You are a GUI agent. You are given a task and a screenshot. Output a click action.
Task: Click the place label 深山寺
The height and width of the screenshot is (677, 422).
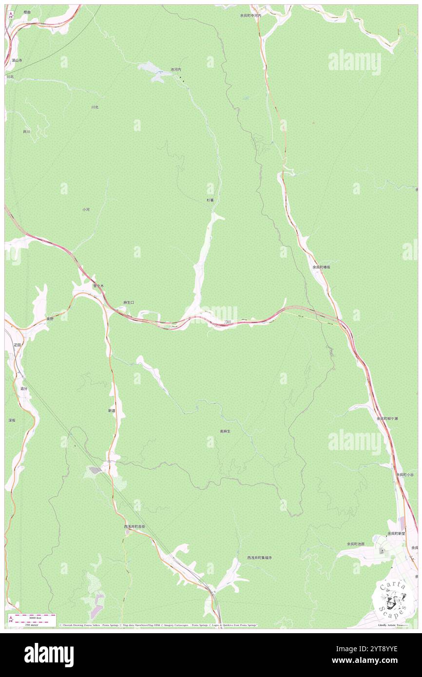pyautogui.click(x=18, y=60)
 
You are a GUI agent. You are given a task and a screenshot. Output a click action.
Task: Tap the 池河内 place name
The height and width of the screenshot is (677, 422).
pyautogui.click(x=176, y=70)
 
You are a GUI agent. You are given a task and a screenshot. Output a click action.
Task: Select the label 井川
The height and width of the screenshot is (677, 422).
pyautogui.click(x=26, y=132)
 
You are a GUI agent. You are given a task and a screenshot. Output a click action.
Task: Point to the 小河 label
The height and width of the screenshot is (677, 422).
pyautogui.click(x=86, y=209)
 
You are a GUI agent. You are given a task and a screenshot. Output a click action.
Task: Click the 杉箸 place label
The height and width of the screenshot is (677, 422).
pyautogui.click(x=210, y=200)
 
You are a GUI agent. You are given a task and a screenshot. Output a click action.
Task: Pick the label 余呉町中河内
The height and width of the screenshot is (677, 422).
pyautogui.click(x=250, y=16)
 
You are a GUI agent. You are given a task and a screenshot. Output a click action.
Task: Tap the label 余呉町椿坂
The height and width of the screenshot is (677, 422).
pyautogui.click(x=322, y=267)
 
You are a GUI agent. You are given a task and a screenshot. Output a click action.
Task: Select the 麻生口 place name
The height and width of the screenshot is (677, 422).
pyautogui.click(x=128, y=302)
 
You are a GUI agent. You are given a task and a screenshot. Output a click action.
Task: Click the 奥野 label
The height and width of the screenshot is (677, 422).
pyautogui.click(x=50, y=319)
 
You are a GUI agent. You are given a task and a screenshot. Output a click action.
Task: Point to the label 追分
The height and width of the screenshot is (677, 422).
pyautogui.click(x=24, y=389)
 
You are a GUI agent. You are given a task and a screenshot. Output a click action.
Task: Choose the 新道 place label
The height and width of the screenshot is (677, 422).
pyautogui.click(x=112, y=411)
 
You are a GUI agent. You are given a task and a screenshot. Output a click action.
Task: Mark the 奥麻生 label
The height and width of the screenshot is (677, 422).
pyautogui.click(x=225, y=432)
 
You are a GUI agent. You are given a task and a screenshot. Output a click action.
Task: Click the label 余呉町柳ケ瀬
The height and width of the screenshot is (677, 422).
pyautogui.click(x=387, y=418)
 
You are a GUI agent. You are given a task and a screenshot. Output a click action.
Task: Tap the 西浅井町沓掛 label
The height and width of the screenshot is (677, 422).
pyautogui.click(x=134, y=527)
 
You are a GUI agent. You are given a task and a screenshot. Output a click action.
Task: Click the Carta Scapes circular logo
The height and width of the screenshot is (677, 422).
pyautogui.click(x=393, y=598)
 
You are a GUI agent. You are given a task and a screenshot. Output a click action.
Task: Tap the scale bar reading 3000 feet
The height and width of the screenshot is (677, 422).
pyautogui.click(x=35, y=618)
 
